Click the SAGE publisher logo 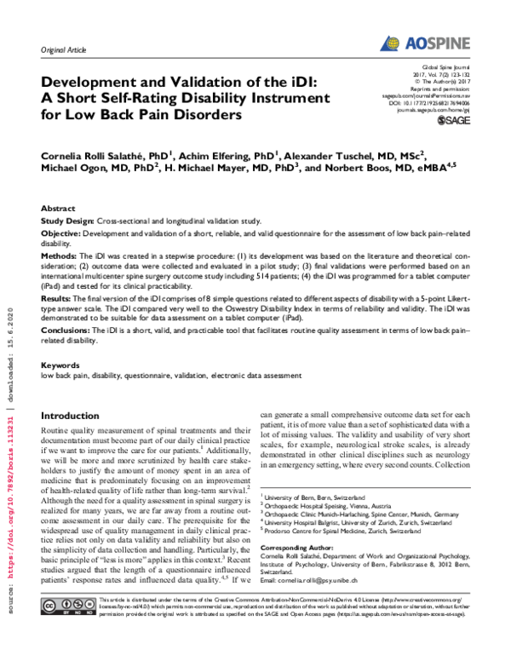452,122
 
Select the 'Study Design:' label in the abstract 67,220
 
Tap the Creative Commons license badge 62,631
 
